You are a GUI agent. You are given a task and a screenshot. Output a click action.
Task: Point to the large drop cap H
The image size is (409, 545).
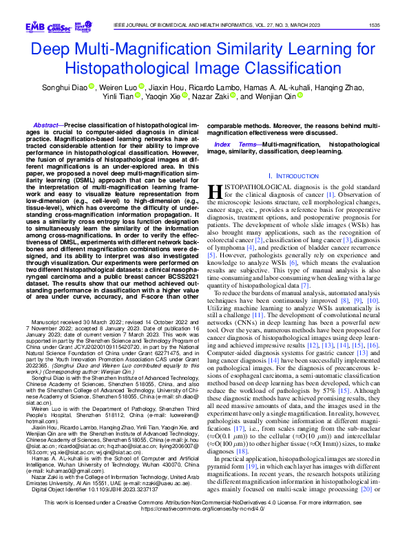point(215,192)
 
